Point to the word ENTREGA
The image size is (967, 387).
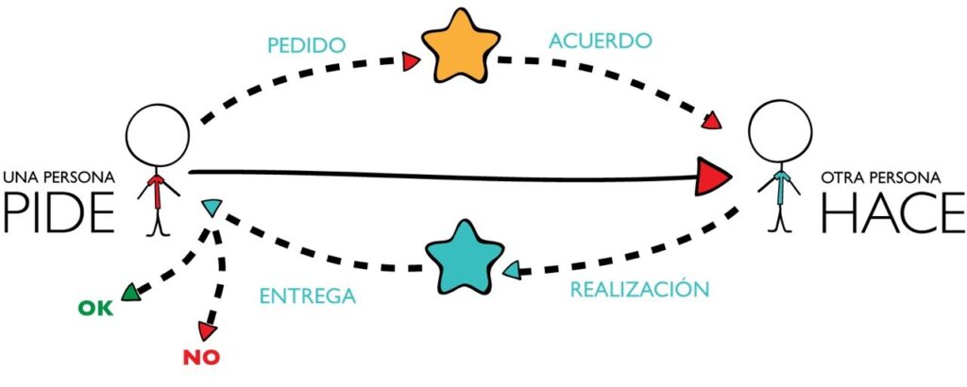[308, 295]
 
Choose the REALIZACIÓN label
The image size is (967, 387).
[638, 289]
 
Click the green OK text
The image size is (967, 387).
[93, 309]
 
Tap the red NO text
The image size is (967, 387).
[201, 358]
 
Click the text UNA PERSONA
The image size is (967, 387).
[59, 177]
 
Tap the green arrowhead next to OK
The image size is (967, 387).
[130, 295]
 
